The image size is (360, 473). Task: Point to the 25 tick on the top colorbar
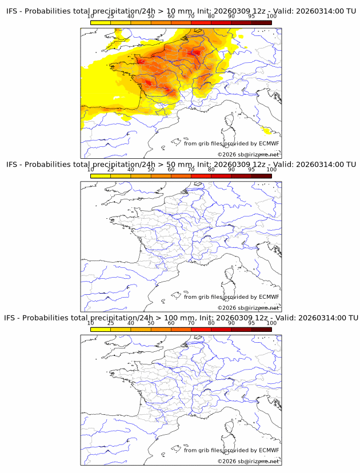110,16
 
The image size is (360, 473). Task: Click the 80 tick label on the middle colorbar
211,170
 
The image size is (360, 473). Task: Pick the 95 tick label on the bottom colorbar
251,323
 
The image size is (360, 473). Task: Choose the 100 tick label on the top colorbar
271,16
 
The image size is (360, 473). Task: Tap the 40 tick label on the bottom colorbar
131,323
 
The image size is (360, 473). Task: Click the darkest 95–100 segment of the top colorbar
261,23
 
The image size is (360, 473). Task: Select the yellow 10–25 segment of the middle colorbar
101,176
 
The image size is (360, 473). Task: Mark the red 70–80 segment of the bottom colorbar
201,329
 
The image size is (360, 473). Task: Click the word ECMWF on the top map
269,143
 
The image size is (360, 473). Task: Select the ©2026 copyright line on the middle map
248,308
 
